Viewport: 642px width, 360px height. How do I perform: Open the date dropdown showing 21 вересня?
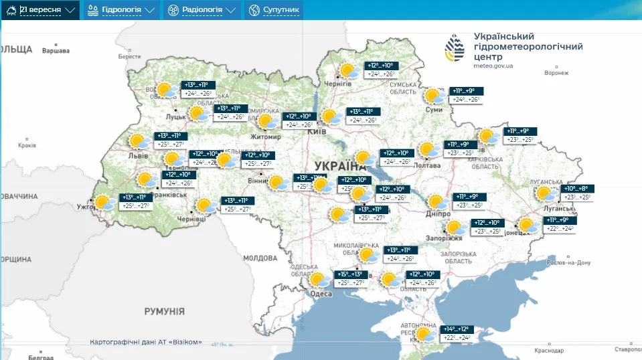46,10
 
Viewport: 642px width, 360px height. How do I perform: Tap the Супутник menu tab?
273,10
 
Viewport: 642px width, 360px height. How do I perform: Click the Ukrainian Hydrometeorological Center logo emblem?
455,49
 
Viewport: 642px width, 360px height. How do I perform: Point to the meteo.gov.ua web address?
493,66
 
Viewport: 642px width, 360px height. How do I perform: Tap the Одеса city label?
321,294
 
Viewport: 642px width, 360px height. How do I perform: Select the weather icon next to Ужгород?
104,202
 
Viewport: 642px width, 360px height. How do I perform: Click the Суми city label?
434,110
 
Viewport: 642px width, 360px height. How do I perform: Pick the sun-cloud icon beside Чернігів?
349,70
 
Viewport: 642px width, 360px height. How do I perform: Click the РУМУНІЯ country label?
164,311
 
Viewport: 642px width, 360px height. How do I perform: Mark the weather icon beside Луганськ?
545,193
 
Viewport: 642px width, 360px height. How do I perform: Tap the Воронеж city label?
556,73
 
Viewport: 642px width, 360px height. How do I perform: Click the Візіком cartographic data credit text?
146,342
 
